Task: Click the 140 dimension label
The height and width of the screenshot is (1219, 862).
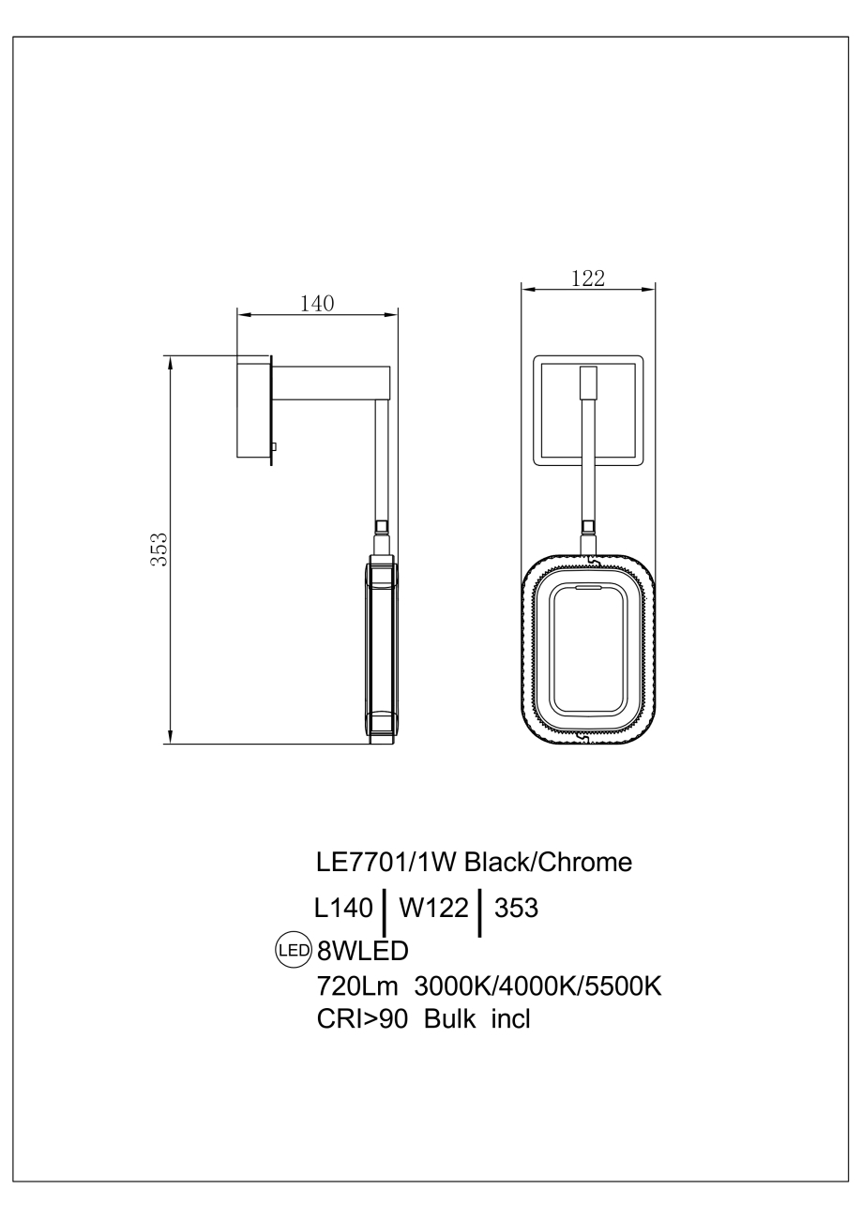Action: click(316, 303)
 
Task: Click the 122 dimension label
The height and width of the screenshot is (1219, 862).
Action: click(587, 278)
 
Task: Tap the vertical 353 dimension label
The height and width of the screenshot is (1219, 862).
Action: click(160, 549)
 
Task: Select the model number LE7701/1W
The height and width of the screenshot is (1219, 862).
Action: click(387, 863)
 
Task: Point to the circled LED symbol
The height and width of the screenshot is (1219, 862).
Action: click(292, 951)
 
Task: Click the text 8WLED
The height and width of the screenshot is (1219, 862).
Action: click(363, 952)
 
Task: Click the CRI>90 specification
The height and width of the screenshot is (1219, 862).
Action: click(363, 1018)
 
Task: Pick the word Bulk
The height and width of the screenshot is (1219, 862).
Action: click(451, 1018)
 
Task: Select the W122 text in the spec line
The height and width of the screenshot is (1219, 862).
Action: click(433, 909)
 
